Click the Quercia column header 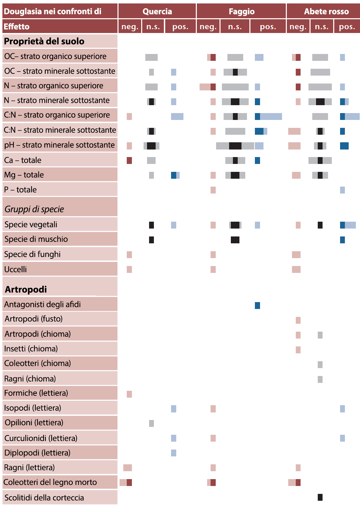point(157,11)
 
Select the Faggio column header point(241,11)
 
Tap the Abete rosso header point(326,11)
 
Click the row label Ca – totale point(23,160)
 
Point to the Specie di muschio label point(36,239)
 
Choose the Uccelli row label point(15,269)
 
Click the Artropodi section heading point(26,289)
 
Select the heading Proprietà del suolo point(44,41)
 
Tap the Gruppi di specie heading point(34,209)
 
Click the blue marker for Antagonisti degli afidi point(257,306)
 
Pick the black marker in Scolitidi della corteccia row point(320,497)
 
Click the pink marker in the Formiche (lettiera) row point(129,394)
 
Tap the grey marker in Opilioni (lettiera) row point(151,423)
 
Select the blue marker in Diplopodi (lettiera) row point(173,453)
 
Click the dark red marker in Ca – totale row point(129,161)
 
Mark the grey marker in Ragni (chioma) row point(320,379)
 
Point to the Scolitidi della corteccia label point(44,498)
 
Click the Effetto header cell point(16,26)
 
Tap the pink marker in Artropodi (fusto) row point(298,320)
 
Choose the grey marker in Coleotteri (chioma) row point(320,365)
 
